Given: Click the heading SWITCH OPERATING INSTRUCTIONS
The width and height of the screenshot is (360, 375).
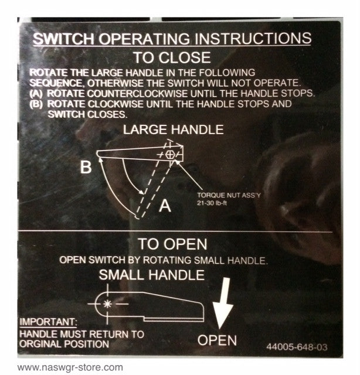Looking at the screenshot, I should (171, 39).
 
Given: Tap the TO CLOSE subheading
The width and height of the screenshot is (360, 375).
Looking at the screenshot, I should (171, 57).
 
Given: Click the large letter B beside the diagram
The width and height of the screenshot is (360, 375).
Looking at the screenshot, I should (86, 168).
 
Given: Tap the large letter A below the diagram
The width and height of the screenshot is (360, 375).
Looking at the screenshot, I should (166, 205).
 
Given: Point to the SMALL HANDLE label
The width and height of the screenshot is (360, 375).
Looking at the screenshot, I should (151, 274).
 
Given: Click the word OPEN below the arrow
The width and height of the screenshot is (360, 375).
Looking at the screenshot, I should (217, 340).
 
